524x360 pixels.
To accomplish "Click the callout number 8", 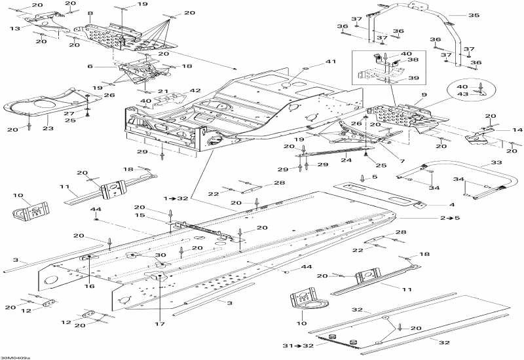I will click(x=90, y=13).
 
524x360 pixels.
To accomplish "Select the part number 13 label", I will click(x=14, y=28).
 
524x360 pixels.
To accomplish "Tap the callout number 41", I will click(x=330, y=62).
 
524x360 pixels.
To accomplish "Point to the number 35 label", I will click(x=474, y=14).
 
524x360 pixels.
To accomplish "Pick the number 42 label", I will click(x=195, y=90).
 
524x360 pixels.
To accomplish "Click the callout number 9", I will click(x=424, y=96).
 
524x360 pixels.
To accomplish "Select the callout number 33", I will click(x=496, y=162).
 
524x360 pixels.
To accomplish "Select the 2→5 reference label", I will click(x=451, y=217).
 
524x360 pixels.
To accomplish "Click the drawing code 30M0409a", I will click(x=15, y=357).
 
